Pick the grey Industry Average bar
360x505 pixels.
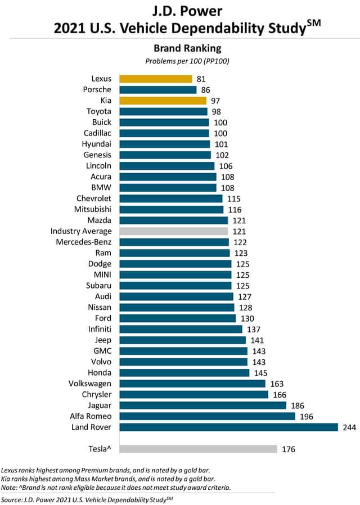pyautogui.click(x=174, y=231)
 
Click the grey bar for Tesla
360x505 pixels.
pyautogui.click(x=199, y=449)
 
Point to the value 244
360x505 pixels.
pyautogui.click(x=349, y=427)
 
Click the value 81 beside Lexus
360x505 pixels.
pyautogui.click(x=201, y=79)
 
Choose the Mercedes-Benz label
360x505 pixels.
pyautogui.click(x=84, y=242)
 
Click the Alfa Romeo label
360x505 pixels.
pyautogui.click(x=90, y=416)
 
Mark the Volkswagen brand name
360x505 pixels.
pyautogui.click(x=87, y=384)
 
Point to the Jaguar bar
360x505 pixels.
pyautogui.click(x=203, y=405)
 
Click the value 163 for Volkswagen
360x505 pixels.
pyautogui.click(x=276, y=384)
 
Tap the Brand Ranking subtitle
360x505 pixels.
pyautogui.click(x=180, y=49)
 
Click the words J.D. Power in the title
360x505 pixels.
pyautogui.click(x=180, y=11)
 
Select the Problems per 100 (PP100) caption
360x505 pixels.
pyautogui.click(x=180, y=61)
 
